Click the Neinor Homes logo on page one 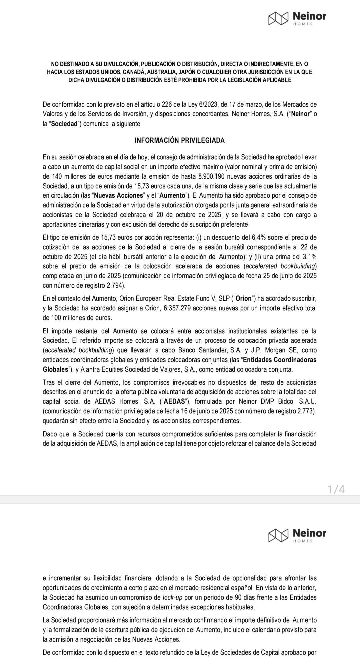(297, 18)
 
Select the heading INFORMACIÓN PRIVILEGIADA (180, 140)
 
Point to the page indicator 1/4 (336, 489)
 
